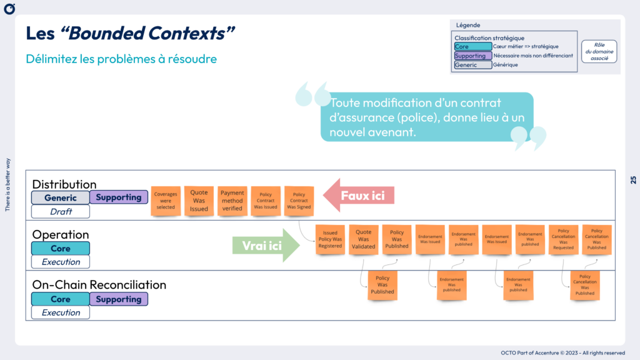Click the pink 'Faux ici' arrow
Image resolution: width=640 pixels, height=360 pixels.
(x=361, y=196)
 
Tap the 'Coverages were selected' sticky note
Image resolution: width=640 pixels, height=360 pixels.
(x=166, y=200)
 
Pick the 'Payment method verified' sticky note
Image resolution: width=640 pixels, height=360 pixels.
(x=232, y=201)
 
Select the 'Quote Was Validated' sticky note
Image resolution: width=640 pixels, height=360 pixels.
(x=364, y=239)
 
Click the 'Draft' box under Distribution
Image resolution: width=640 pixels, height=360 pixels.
(x=61, y=211)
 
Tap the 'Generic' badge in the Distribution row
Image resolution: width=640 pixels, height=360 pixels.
(x=61, y=197)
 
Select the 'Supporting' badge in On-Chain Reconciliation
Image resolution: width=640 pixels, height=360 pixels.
(x=119, y=299)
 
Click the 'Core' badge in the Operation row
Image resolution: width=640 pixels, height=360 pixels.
(x=61, y=248)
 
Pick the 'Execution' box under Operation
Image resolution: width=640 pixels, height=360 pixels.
(x=61, y=262)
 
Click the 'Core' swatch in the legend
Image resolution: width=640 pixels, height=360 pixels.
(x=473, y=46)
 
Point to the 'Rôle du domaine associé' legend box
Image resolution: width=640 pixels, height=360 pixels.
(x=599, y=51)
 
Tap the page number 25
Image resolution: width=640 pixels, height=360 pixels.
(x=632, y=180)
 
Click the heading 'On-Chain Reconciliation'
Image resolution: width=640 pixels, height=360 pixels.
(x=99, y=285)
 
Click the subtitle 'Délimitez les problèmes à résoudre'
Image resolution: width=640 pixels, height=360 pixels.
(x=121, y=59)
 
